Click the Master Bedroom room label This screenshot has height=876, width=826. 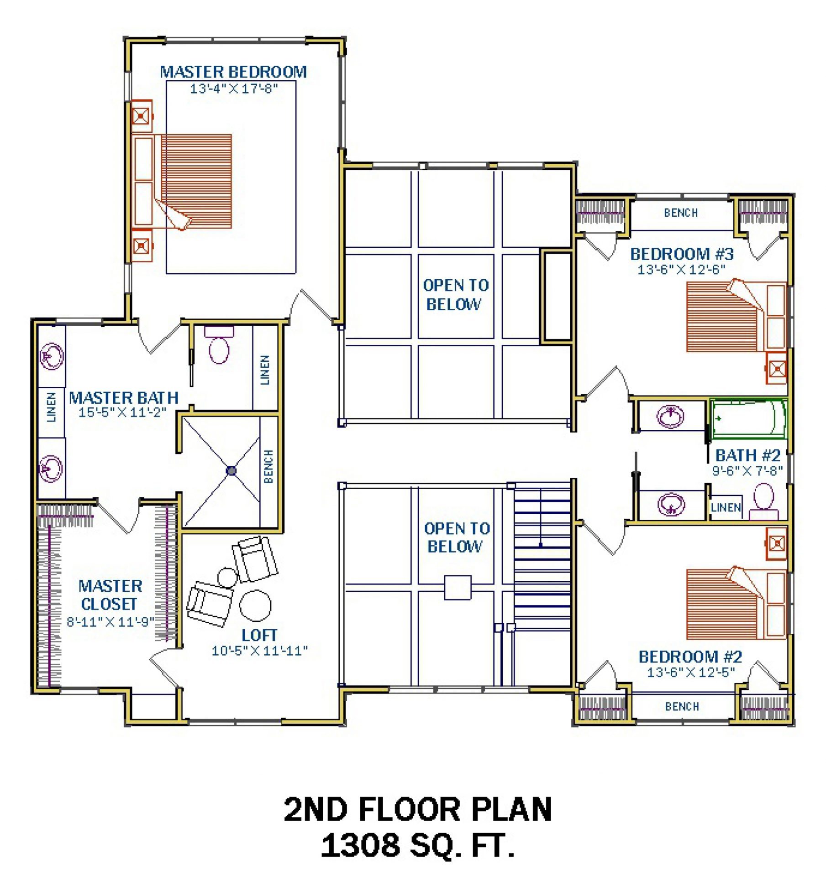233,72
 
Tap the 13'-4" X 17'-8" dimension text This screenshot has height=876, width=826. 234,89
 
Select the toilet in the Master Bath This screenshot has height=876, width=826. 219,344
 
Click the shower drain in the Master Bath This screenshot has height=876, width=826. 231,470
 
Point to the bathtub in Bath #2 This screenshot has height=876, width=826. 748,419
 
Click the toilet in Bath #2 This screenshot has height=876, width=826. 763,501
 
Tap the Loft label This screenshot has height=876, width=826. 259,635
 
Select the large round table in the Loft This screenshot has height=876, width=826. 256,605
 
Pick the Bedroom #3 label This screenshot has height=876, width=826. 682,254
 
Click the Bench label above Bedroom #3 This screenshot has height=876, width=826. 681,213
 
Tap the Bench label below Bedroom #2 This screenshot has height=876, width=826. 682,707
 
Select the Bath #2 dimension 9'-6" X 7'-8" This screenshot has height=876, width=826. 747,470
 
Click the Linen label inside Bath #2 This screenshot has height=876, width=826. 726,507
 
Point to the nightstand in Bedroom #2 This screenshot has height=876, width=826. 777,543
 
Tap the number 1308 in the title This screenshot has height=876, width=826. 361,845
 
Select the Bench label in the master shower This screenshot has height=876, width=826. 268,466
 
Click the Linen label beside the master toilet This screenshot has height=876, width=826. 265,370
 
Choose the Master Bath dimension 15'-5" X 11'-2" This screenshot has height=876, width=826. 122,412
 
